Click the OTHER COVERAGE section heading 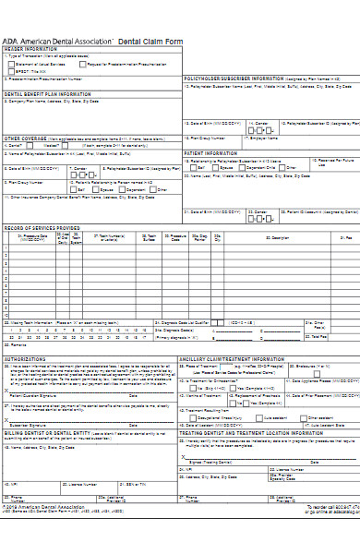24,137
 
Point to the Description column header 267,237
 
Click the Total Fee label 345,336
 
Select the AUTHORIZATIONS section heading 26,358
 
